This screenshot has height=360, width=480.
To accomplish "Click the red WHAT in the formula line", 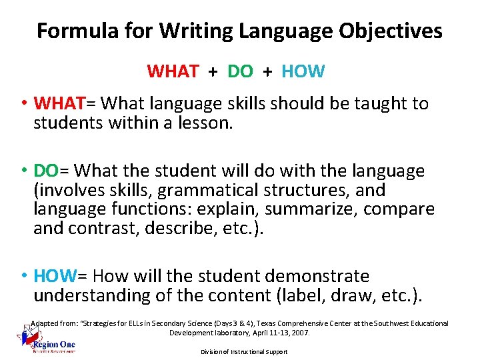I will (x=172, y=71).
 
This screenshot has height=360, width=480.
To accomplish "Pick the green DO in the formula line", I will (x=240, y=71).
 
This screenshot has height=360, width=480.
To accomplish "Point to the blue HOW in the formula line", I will (x=303, y=71).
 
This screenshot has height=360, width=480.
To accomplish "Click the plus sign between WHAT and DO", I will (x=213, y=71).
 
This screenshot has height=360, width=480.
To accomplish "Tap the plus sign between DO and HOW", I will (x=267, y=71).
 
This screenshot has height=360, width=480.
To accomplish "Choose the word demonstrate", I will (x=318, y=276).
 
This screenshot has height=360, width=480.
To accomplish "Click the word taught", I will (x=381, y=104).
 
